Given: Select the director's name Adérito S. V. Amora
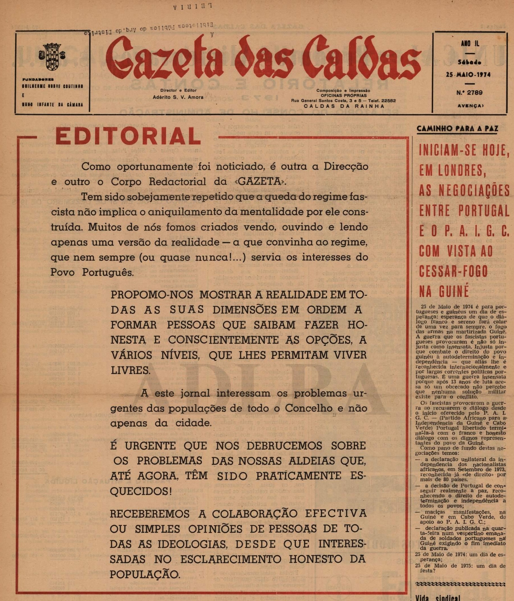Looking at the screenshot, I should tap(178, 97).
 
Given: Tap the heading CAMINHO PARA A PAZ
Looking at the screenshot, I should tap(457, 129).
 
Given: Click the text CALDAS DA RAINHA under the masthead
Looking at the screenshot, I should tap(344, 106).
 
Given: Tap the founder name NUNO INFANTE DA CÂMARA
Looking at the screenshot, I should tap(53, 104).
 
